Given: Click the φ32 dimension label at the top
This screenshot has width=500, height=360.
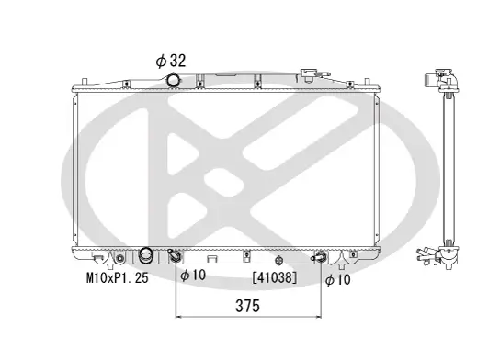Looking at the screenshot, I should pyautogui.click(x=172, y=61).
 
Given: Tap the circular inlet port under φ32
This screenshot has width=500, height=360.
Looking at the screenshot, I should pyautogui.click(x=174, y=83).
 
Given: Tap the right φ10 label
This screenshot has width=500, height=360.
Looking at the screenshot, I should pyautogui.click(x=339, y=279).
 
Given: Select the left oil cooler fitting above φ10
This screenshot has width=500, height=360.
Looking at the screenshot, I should pyautogui.click(x=176, y=256).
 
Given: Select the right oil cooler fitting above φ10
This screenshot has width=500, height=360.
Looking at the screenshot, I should pyautogui.click(x=321, y=257).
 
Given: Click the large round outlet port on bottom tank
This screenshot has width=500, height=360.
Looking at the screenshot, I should pyautogui.click(x=144, y=255).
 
